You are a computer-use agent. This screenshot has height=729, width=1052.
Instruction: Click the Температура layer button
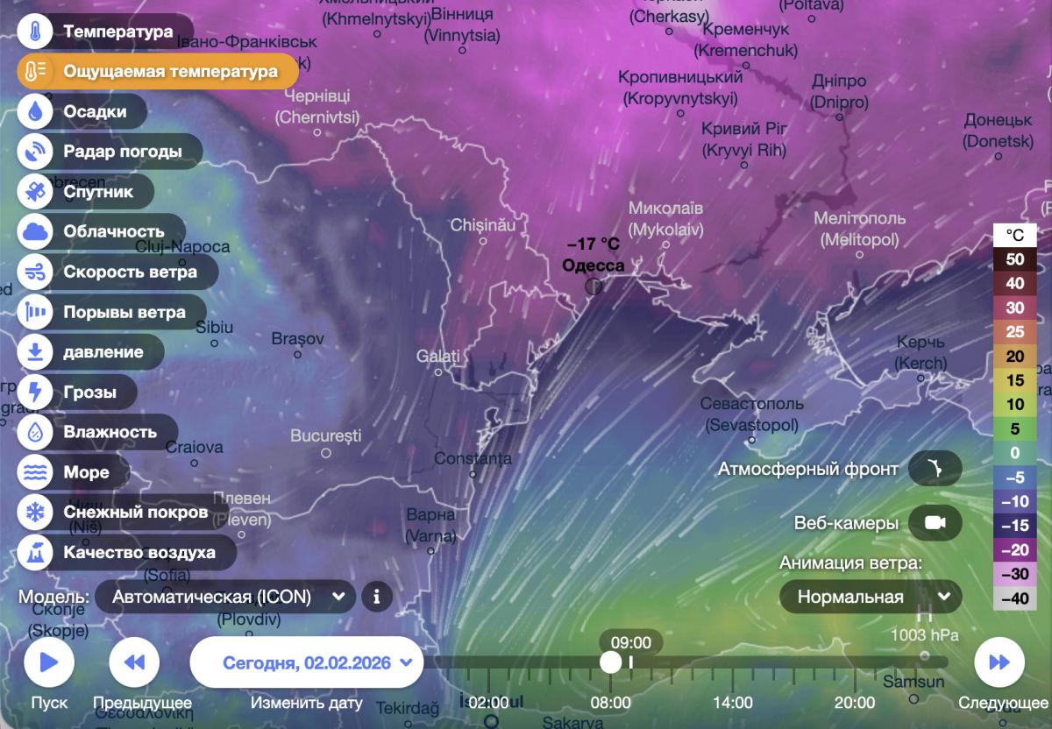[104, 32]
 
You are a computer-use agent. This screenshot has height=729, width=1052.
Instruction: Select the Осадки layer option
[83, 112]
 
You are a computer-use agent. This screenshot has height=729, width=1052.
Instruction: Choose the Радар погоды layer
[110, 152]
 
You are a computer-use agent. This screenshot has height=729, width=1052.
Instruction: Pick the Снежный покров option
[122, 512]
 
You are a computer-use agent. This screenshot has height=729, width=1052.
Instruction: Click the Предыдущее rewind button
[134, 662]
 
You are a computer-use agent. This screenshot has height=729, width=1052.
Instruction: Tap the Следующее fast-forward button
[999, 662]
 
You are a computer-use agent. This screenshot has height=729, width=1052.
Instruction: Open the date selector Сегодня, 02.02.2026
[307, 662]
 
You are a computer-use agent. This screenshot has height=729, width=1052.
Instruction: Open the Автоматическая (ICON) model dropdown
[225, 597]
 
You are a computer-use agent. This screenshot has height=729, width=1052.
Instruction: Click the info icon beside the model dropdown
[377, 597]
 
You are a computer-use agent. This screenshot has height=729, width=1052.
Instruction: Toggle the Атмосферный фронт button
[935, 469]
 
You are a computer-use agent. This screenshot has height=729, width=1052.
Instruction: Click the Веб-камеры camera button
[935, 523]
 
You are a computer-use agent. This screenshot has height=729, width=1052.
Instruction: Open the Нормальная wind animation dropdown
[871, 597]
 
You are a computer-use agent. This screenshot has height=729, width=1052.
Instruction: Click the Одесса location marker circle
[594, 286]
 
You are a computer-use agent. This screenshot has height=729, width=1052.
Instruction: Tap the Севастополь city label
[752, 404]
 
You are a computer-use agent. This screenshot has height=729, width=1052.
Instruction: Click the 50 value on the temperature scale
[1014, 259]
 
